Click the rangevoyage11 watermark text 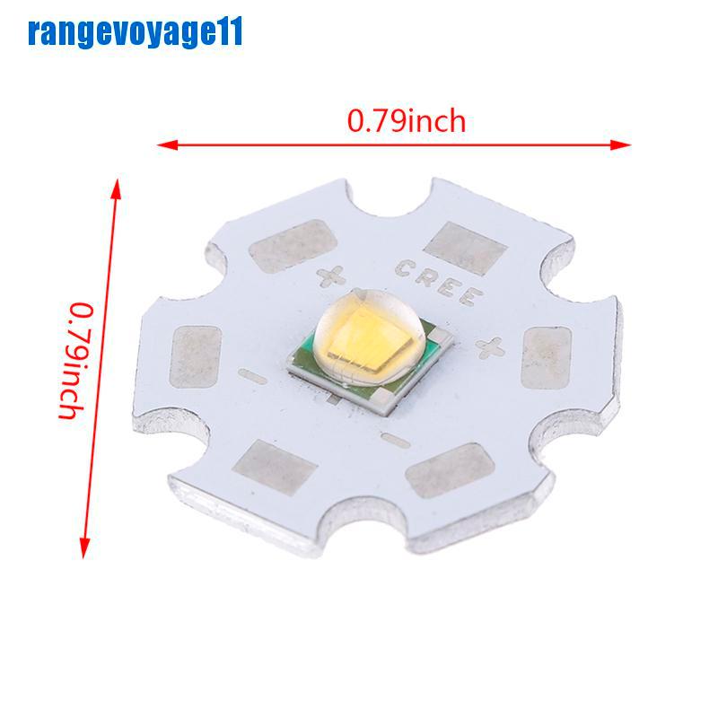[135, 34]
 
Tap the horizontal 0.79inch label [407, 119]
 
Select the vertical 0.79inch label [78, 361]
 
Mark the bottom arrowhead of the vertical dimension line [87, 555]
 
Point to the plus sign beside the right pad [493, 345]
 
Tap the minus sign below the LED [390, 439]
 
